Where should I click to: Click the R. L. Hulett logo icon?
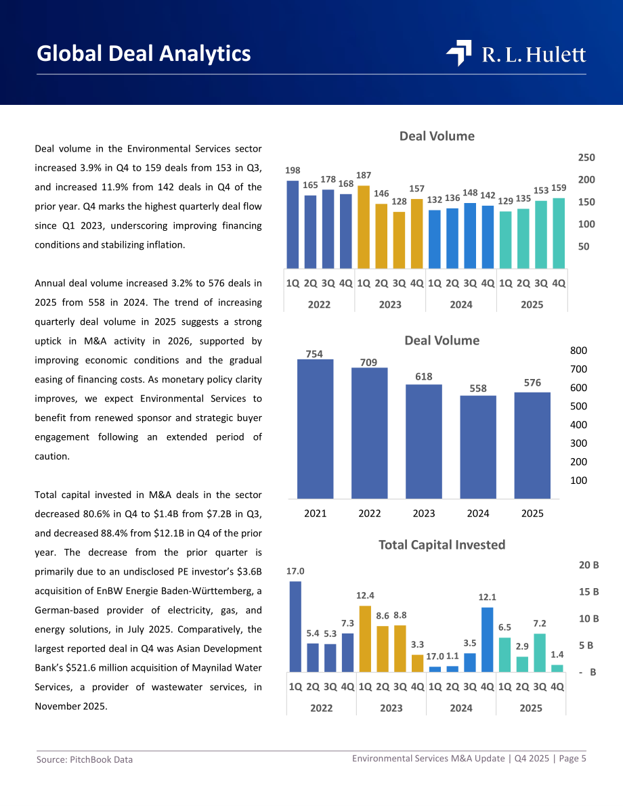tap(459, 53)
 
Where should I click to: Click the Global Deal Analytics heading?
tap(144, 53)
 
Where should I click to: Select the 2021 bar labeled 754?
tap(316, 428)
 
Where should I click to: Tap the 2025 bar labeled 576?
tap(532, 445)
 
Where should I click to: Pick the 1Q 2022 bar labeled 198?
tap(293, 224)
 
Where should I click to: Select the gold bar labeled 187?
tap(364, 227)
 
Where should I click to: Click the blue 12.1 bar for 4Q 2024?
tap(487, 640)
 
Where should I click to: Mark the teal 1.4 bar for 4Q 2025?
tap(557, 668)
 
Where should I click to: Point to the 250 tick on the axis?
tap(586, 158)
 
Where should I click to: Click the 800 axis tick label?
tap(579, 351)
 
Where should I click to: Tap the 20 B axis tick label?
tap(589, 565)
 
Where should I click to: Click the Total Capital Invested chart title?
tap(442, 545)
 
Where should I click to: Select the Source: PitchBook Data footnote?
tap(85, 760)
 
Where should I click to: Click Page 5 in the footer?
tap(573, 759)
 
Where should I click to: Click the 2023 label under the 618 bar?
tap(424, 514)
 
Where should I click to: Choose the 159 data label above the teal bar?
tap(559, 188)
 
